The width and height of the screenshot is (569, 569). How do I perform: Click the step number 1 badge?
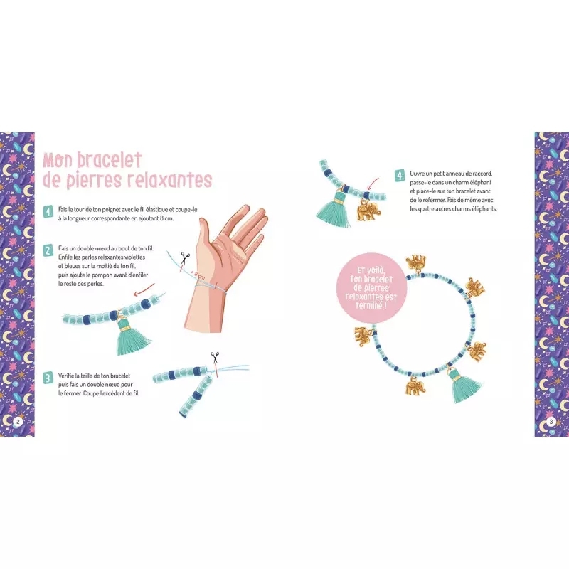48,211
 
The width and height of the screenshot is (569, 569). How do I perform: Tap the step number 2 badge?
48,250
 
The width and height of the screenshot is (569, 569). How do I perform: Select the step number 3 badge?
48,378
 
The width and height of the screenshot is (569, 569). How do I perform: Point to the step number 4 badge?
400,176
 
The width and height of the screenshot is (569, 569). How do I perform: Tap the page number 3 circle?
551,421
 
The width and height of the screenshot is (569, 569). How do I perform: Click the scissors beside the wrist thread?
185,258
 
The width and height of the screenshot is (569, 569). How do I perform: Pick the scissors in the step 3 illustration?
216,358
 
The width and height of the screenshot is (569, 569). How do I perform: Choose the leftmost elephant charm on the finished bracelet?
363,336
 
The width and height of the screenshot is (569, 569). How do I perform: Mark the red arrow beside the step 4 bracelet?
373,184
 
